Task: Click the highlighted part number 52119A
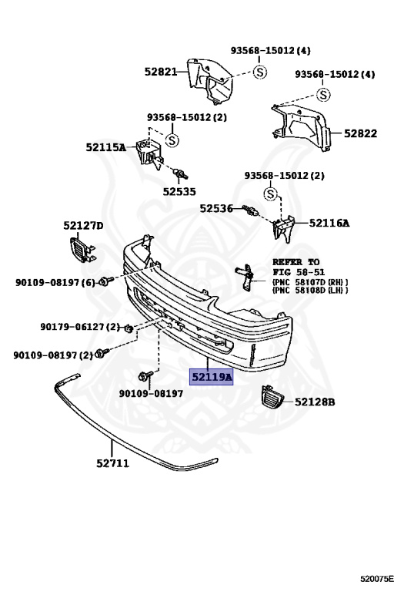[x=211, y=377]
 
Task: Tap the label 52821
[x=161, y=72]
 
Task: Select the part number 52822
[x=360, y=133]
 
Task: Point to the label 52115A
[x=106, y=147]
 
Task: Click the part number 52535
[x=179, y=191]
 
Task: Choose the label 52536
[x=216, y=208]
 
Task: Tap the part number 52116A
[x=329, y=223]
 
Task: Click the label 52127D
[x=83, y=225]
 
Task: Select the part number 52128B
[x=315, y=402]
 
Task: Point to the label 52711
[x=112, y=463]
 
